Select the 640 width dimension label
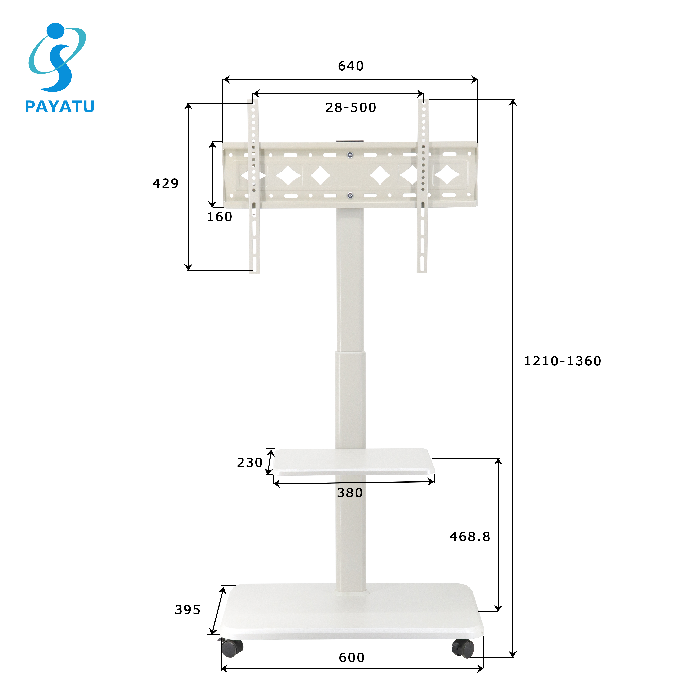point(350,66)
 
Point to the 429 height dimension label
point(165,183)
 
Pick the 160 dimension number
point(219,217)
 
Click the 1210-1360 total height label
point(562,361)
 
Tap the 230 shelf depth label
point(249,462)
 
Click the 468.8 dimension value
point(470,537)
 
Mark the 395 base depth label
point(187,610)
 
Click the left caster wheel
point(231,648)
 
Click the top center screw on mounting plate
point(350,155)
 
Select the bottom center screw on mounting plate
point(350,195)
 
